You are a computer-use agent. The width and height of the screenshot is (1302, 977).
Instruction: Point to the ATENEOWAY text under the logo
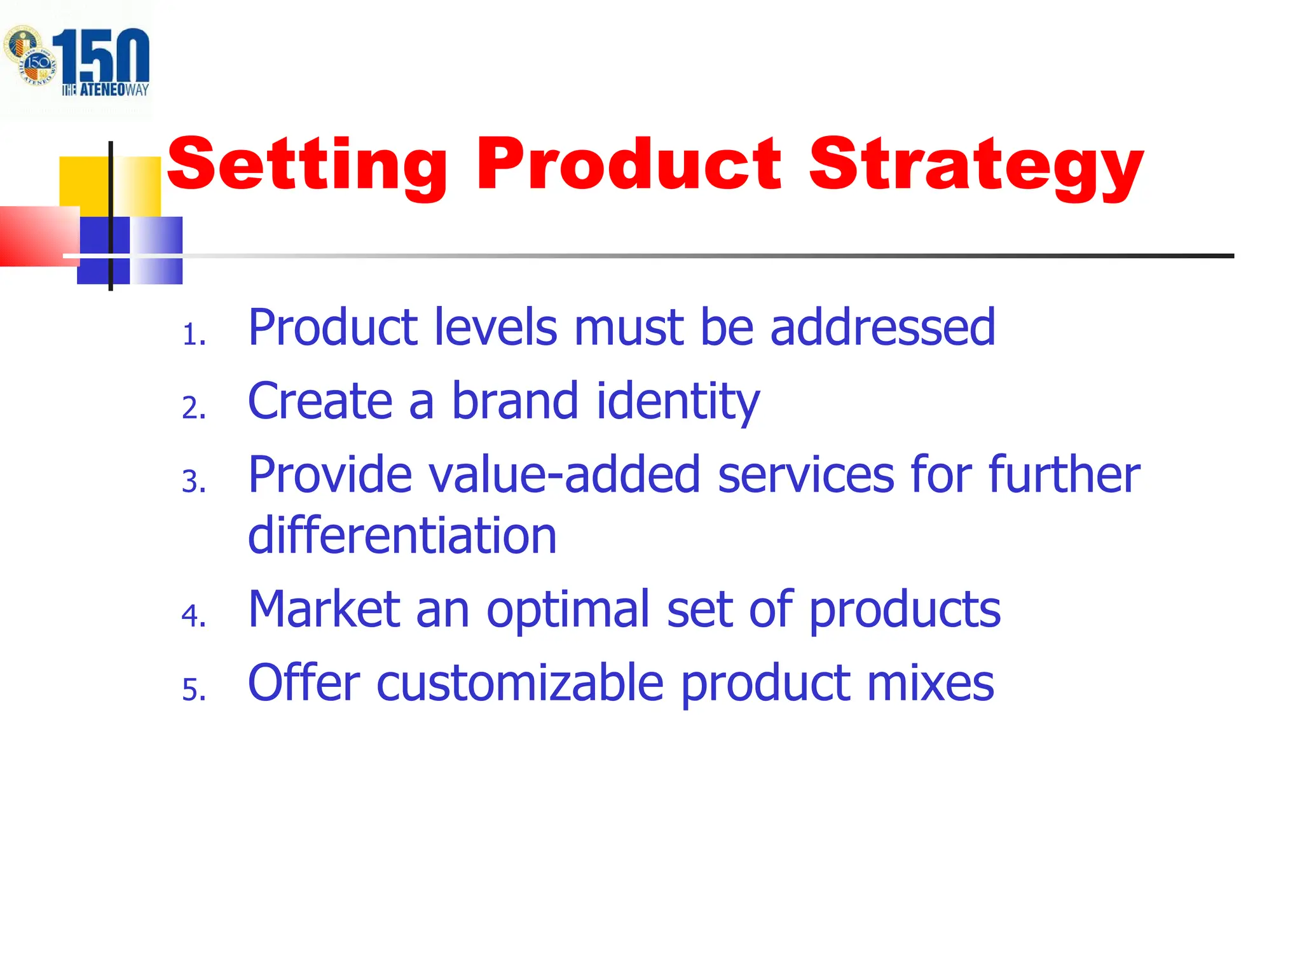coord(106,90)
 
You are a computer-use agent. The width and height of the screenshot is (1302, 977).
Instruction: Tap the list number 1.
coord(193,335)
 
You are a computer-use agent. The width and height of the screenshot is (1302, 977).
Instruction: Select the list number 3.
coord(193,482)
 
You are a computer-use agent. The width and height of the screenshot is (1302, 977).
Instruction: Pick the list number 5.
coord(193,690)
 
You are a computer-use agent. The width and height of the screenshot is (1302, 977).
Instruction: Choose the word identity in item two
coord(678,402)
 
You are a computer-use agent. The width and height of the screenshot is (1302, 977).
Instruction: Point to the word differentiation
coord(402,536)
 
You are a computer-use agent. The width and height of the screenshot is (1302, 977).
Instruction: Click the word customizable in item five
coord(520,683)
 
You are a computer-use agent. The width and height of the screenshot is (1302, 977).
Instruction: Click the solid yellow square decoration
coord(84,181)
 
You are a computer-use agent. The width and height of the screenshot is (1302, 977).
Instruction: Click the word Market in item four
coord(324,609)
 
